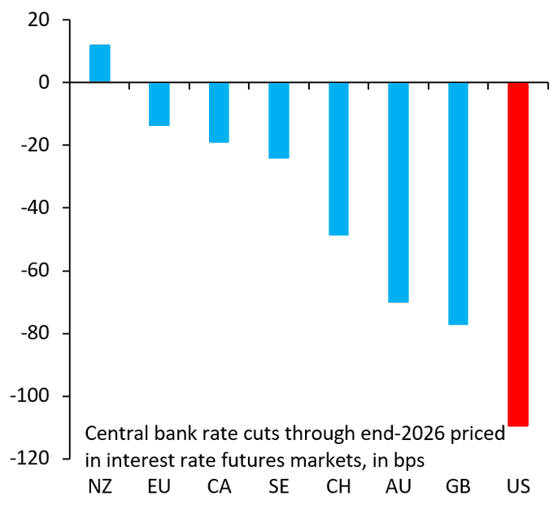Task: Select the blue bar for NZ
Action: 99,63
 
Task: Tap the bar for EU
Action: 159,104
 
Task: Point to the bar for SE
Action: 279,120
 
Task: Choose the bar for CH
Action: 338,159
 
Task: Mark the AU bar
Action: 398,192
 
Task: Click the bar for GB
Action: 458,203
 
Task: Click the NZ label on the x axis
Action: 99,487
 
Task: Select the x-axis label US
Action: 517,487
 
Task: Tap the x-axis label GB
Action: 458,487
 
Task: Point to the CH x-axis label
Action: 338,487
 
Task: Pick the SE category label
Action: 279,487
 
